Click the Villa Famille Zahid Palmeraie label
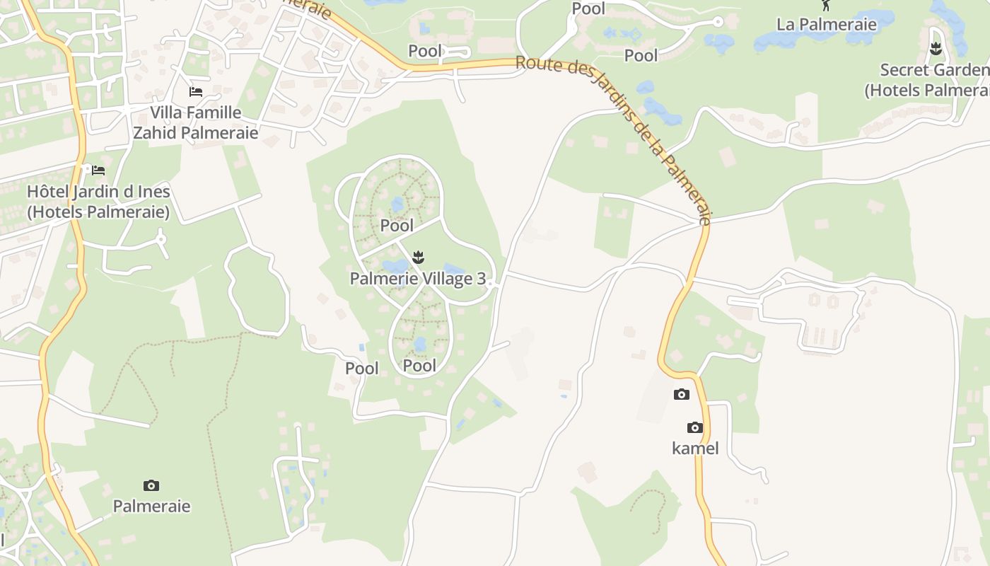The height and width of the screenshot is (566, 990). point(196,122)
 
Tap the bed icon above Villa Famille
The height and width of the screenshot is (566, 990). point(196,92)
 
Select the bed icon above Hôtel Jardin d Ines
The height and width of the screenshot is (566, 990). point(98,171)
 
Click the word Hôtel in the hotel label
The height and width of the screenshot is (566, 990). point(47,192)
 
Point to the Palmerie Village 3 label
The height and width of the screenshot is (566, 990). point(418,279)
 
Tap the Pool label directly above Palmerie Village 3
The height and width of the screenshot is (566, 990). point(397,226)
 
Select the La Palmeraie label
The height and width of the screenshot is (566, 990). point(826,25)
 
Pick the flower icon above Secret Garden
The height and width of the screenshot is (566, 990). point(936,49)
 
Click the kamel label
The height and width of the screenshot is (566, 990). point(695,448)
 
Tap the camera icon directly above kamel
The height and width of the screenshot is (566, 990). point(695,427)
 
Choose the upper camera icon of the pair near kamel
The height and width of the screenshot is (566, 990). point(682,395)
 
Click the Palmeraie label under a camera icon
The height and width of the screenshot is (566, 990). point(151,507)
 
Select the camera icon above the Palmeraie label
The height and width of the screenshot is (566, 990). point(151,485)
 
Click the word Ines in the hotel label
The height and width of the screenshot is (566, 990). point(155,192)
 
